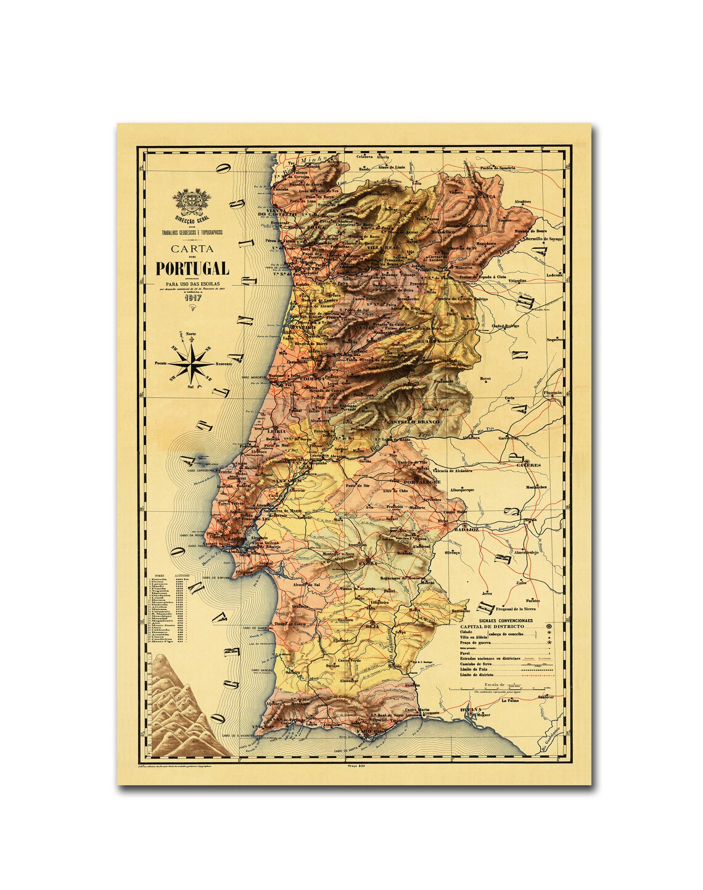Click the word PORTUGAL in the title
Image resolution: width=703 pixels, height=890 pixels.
click(x=192, y=268)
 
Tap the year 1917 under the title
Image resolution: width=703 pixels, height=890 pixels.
click(x=192, y=295)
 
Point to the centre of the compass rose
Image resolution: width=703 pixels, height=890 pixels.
click(x=191, y=364)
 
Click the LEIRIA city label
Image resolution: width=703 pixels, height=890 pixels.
click(x=276, y=431)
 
